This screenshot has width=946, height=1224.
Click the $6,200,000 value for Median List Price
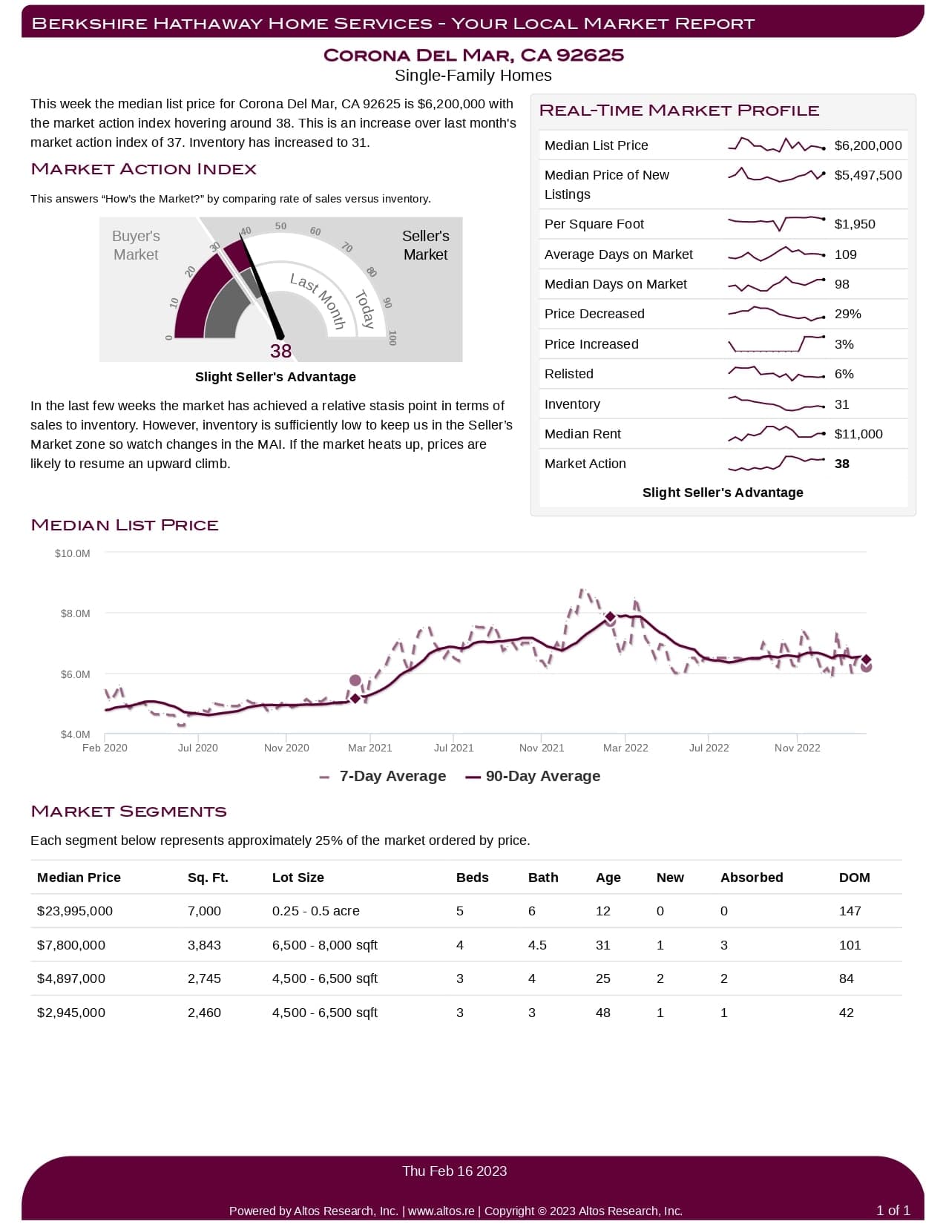pos(867,145)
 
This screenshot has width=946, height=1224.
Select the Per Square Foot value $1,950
pos(854,224)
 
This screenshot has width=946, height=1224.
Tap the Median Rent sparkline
pos(776,434)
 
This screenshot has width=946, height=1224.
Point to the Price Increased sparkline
pos(776,344)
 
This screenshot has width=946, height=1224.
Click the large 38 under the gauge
pos(280,351)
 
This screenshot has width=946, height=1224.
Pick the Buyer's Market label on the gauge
pos(136,245)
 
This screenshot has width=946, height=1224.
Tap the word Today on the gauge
pos(365,309)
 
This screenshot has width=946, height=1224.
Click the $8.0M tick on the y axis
pos(76,613)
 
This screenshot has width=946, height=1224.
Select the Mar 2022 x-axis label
pos(625,748)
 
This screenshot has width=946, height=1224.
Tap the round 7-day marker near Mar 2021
pos(355,680)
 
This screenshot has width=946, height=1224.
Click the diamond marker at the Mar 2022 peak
pos(610,616)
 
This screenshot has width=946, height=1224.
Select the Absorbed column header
pos(751,878)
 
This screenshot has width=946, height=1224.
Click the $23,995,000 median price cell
pos(75,911)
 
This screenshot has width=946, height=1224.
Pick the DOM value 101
pos(850,945)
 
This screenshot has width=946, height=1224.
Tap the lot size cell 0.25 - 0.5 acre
pos(315,911)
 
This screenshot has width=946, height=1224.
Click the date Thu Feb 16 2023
pos(454,1171)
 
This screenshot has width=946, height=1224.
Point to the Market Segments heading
pos(128,812)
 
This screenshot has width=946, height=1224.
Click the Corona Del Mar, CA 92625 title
pos(473,56)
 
